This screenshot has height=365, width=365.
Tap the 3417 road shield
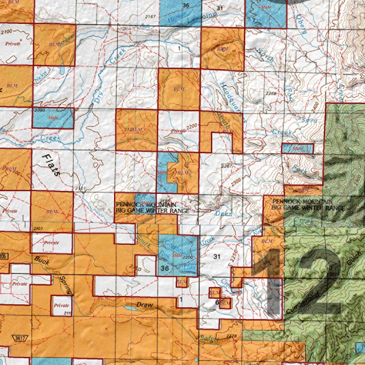17,338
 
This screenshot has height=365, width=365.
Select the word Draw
145,305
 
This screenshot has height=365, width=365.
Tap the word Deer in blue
223,214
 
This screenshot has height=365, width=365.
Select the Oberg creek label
302,25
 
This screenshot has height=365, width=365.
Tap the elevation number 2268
271,93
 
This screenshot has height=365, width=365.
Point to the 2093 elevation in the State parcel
40,110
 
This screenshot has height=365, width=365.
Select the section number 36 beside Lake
164,268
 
